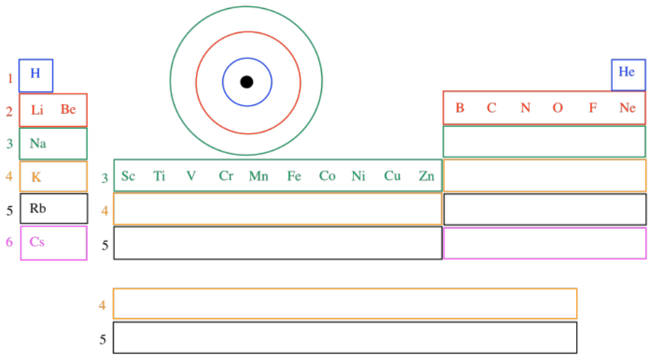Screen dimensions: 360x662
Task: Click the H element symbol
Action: pos(35,73)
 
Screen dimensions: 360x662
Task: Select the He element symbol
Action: pos(627,72)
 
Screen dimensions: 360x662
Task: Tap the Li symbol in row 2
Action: pos(37,109)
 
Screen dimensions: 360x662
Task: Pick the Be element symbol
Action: pos(68,109)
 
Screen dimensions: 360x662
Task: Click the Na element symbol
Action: pos(38,143)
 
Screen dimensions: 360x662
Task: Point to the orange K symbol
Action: pos(36,177)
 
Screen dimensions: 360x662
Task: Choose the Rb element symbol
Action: pos(37,208)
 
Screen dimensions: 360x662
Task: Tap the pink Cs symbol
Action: pos(37,242)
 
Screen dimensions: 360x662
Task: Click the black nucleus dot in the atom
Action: pos(247,82)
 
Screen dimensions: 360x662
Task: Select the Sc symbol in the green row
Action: pos(128,176)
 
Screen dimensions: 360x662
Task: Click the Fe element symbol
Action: pos(294,176)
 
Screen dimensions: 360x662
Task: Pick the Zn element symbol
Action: pos(427,176)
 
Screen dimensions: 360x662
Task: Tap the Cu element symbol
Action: pos(393,176)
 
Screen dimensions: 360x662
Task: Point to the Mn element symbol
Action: pos(258,176)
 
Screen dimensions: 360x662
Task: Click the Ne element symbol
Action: pos(627,108)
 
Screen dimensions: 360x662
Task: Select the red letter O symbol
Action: pos(557,108)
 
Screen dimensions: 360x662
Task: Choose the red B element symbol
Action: pos(459,108)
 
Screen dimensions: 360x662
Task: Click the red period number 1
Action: pos(10,78)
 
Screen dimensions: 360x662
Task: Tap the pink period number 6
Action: pos(9,242)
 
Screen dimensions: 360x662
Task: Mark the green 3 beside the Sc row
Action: pos(105,178)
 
